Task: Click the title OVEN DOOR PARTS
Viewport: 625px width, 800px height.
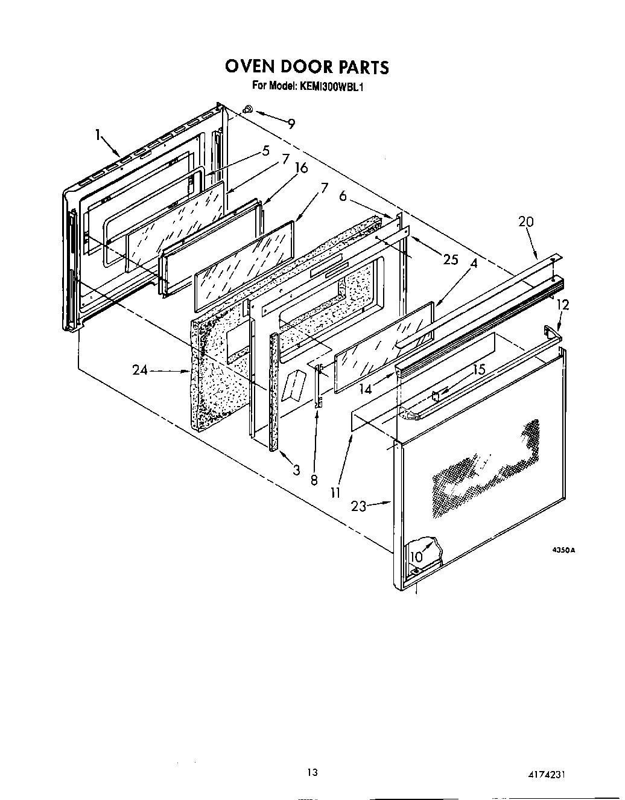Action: [307, 66]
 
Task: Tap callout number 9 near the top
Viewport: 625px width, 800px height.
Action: [291, 124]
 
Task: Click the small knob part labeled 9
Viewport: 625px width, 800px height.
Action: [249, 109]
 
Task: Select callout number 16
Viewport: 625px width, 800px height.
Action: [300, 168]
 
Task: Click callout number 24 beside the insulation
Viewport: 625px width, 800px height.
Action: [140, 370]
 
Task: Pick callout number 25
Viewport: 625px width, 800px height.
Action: [451, 260]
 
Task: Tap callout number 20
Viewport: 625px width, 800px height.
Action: [526, 222]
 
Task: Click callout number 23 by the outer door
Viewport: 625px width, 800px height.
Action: [358, 507]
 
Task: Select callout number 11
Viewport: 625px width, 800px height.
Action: [335, 493]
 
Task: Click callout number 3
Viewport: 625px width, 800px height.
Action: [296, 470]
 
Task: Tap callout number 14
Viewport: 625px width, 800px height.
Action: [366, 390]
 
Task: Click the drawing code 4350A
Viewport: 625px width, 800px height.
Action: [564, 550]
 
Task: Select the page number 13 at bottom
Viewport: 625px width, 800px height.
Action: [311, 772]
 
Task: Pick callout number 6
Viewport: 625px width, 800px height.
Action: [343, 196]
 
